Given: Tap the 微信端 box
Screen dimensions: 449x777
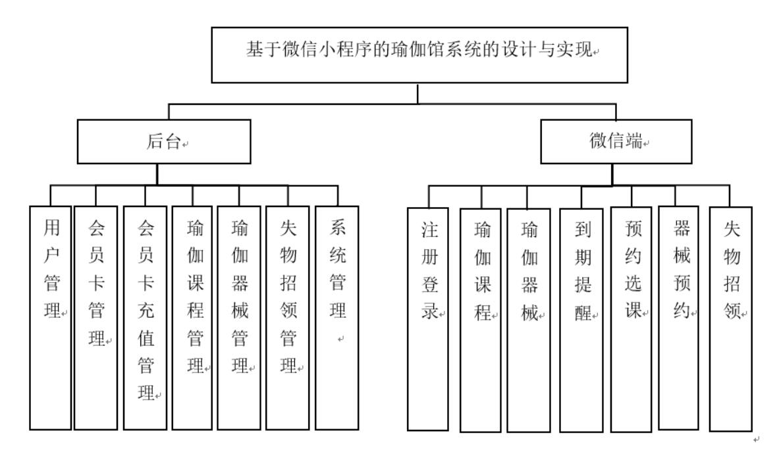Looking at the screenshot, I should tap(616, 141).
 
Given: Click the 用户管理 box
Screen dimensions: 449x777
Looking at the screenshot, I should tap(51, 317).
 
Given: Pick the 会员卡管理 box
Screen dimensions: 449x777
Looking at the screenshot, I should tap(95, 317).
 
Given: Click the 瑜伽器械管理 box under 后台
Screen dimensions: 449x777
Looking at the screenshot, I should tap(239, 317).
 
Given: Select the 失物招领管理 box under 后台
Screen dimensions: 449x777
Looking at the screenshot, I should tap(288, 317).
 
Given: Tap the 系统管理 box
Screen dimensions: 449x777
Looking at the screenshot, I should tap(337, 317).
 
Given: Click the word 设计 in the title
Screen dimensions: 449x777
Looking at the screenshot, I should tap(533, 52).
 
